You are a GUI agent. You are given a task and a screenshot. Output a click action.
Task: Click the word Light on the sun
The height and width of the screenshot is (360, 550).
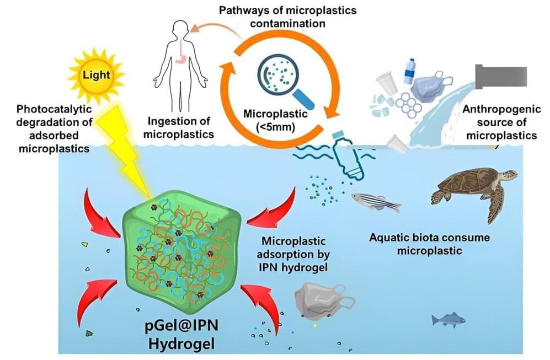pyautogui.click(x=96, y=74)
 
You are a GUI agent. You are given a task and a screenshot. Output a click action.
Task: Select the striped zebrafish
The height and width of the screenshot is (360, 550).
pyautogui.click(x=376, y=202)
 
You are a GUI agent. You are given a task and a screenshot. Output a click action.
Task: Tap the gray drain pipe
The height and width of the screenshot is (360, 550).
pyautogui.click(x=501, y=76)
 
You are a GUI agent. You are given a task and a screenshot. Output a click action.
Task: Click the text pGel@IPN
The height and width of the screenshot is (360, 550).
pyautogui.click(x=181, y=326)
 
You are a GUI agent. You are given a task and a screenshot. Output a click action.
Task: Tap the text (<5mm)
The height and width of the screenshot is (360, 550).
pyautogui.click(x=275, y=127)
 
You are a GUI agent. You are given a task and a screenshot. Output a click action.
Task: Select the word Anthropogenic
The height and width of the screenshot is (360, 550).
pyautogui.click(x=501, y=109)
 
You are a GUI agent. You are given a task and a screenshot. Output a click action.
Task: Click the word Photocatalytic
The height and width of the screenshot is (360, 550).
pyautogui.click(x=54, y=109)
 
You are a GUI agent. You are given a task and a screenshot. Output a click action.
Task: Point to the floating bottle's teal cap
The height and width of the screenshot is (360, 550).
pyautogui.click(x=338, y=135)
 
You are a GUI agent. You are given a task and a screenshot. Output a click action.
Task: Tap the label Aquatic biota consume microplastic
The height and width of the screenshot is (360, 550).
pyautogui.click(x=429, y=244)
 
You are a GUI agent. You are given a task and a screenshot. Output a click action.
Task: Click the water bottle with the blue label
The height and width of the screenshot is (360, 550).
pyautogui.click(x=409, y=71)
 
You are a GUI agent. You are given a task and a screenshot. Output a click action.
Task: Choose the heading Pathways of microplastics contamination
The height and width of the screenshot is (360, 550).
pyautogui.click(x=287, y=17)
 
